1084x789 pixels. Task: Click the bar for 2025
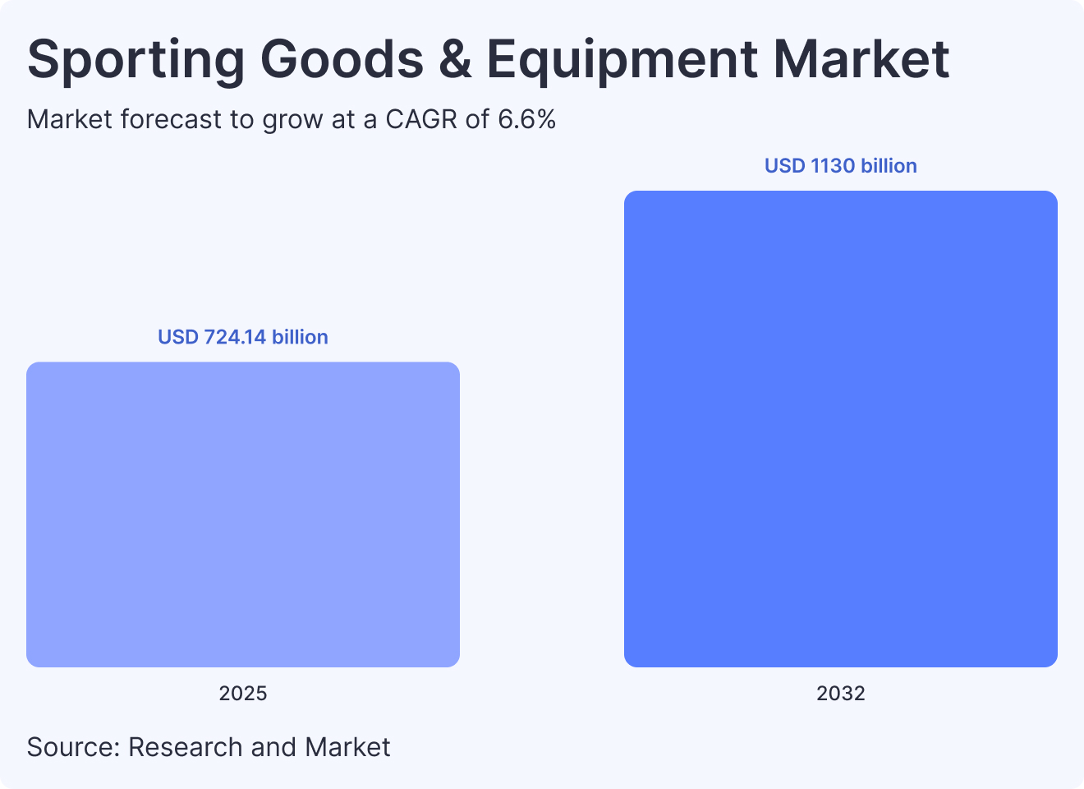coord(243,514)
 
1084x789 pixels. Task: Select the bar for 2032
coord(841,429)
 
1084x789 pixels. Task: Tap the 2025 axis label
coord(243,694)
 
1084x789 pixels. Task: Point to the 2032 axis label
coord(841,694)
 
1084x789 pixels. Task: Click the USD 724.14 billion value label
coord(243,337)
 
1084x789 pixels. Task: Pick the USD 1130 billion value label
coord(841,166)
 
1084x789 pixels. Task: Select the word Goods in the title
coord(342,59)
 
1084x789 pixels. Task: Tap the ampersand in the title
coord(455,59)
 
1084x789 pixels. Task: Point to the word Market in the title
coord(861,59)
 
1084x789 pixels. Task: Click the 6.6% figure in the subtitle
coord(527,120)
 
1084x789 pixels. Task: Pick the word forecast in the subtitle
coord(172,120)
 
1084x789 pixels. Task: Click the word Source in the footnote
coord(73,747)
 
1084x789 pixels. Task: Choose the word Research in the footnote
coord(186,747)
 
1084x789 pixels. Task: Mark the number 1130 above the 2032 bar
coord(833,166)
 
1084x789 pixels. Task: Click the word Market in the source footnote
coord(347,747)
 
